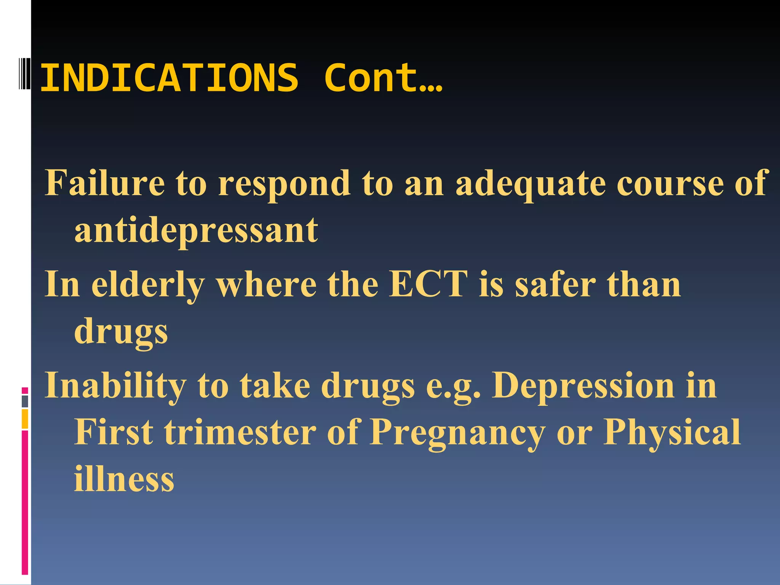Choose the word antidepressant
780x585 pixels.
point(196,230)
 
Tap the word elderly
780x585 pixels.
point(148,286)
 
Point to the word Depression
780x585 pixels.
point(583,385)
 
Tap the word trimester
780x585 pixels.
point(240,432)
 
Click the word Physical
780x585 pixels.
point(672,432)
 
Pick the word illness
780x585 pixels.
point(124,479)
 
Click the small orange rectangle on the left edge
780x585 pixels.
point(25,419)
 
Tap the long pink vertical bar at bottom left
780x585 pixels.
point(25,503)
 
